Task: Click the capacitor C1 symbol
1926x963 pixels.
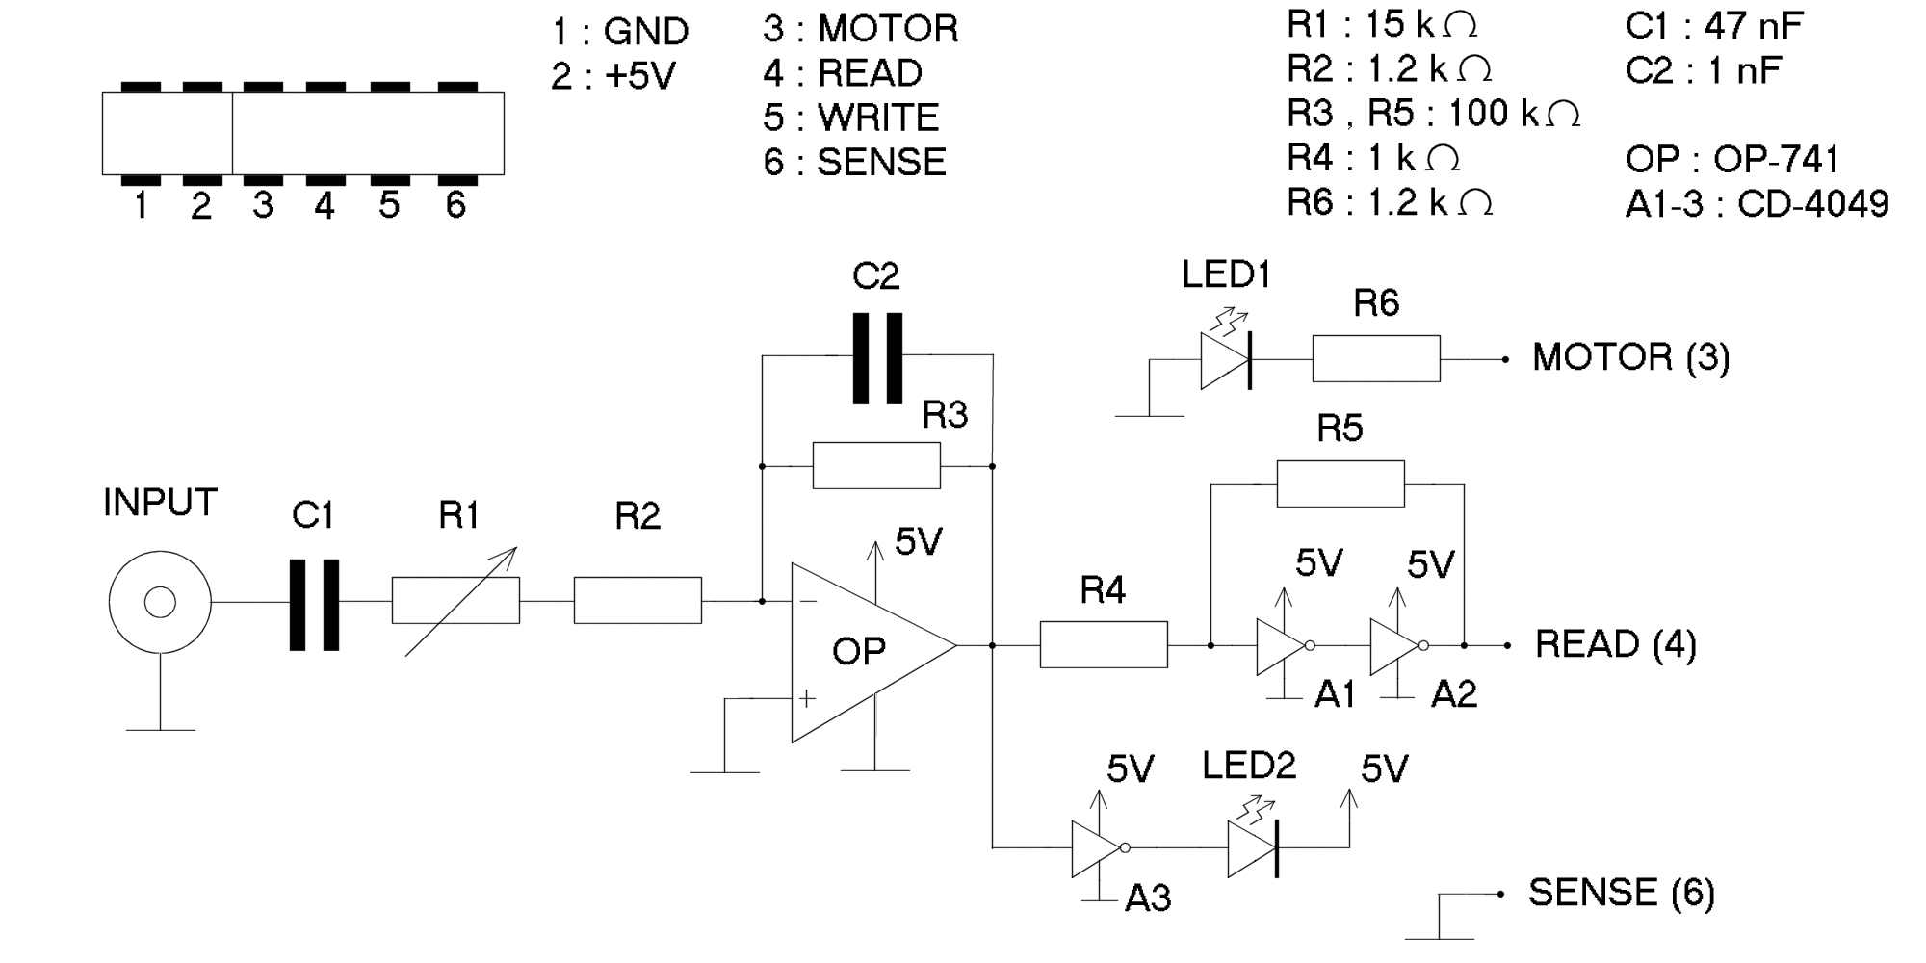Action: (315, 604)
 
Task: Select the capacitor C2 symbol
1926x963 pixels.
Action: (877, 357)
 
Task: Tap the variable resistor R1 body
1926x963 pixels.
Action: (455, 601)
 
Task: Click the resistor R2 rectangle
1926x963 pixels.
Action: (638, 601)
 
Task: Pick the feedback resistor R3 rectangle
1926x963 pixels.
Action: (876, 466)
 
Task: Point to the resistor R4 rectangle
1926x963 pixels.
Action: (1104, 644)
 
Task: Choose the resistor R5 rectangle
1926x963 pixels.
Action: (1340, 484)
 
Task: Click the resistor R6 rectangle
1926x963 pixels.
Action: (1376, 359)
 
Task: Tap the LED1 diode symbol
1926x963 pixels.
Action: (1226, 360)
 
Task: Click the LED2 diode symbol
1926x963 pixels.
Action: (1253, 848)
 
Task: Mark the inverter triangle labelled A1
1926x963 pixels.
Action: (1282, 645)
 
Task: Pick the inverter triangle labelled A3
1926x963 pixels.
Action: (1097, 848)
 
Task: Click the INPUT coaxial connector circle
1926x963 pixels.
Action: (160, 603)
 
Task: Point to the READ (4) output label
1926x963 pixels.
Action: (1615, 644)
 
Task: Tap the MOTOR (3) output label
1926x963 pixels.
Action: (1630, 358)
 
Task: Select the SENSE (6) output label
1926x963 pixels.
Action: (1622, 894)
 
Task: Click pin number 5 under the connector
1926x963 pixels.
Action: (389, 205)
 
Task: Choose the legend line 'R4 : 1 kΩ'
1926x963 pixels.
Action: (1374, 158)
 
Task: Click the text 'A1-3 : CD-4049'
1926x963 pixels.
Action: (1757, 204)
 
